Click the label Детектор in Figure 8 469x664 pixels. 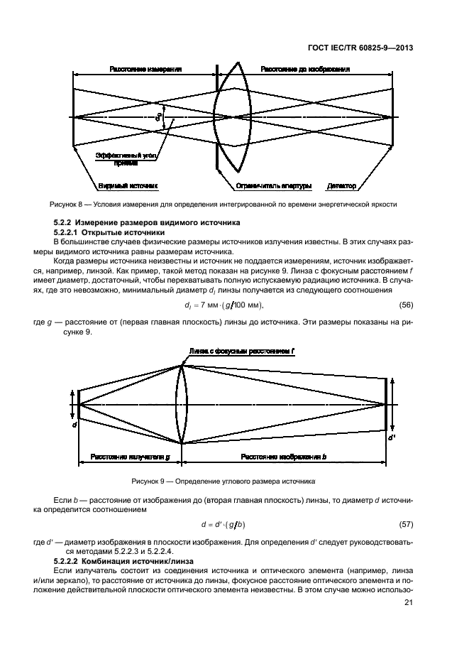coord(341,187)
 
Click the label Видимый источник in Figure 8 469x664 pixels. coord(133,187)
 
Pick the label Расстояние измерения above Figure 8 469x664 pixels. coord(145,70)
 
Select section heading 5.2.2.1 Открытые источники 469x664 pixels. coord(110,233)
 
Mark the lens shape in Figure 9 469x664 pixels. coord(181,404)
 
